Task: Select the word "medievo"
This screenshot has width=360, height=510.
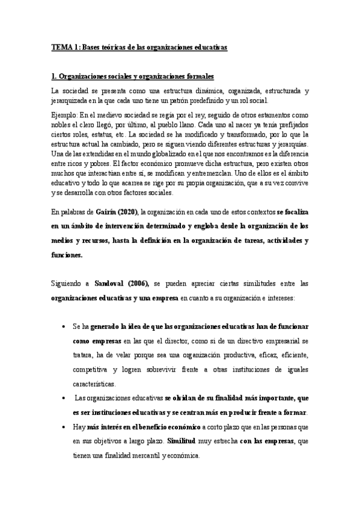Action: pyautogui.click(x=118, y=114)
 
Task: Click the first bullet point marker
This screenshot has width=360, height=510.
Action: pyautogui.click(x=64, y=327)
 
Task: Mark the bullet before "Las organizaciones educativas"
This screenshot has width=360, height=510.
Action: pyautogui.click(x=64, y=398)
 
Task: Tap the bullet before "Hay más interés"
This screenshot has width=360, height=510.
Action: pyautogui.click(x=64, y=427)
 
